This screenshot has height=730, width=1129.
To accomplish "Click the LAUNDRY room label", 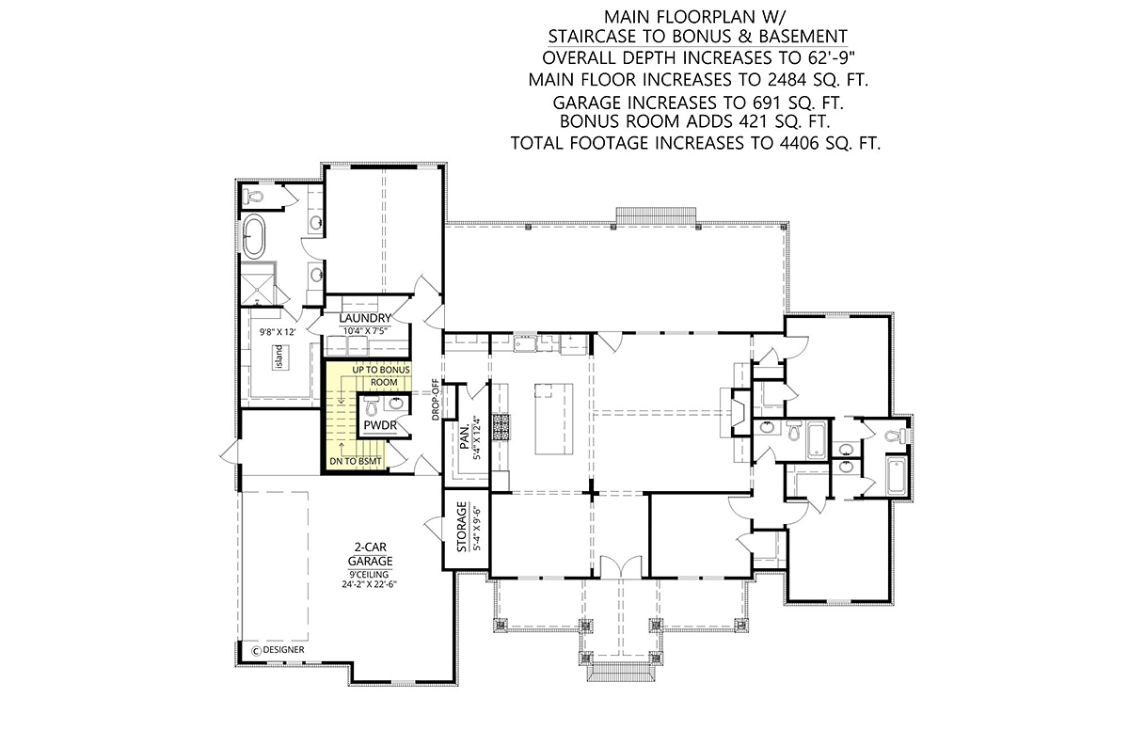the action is pyautogui.click(x=365, y=318).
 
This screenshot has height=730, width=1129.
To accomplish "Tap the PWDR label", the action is pyautogui.click(x=380, y=426).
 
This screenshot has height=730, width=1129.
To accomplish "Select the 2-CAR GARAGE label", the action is pyautogui.click(x=370, y=554).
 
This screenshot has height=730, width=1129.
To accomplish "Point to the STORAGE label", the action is pyautogui.click(x=462, y=527).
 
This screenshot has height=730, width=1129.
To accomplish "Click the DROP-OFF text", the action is pyautogui.click(x=436, y=400).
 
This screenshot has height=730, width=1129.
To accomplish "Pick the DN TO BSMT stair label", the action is pyautogui.click(x=356, y=462).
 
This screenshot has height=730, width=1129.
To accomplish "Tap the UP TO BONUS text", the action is pyautogui.click(x=381, y=370).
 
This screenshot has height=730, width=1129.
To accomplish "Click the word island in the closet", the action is pyautogui.click(x=279, y=357).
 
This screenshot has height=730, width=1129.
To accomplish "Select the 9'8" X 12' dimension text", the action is pyautogui.click(x=278, y=332).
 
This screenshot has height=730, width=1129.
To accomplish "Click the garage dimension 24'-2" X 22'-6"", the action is pyautogui.click(x=370, y=584).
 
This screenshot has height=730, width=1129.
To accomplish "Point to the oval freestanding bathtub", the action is pyautogui.click(x=253, y=236).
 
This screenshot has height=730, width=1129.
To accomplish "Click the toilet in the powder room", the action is pyautogui.click(x=372, y=405).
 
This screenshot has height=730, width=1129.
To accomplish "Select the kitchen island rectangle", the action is pyautogui.click(x=554, y=420).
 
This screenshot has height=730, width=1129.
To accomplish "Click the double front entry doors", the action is pyautogui.click(x=621, y=566).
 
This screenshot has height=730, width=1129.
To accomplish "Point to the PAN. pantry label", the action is pyautogui.click(x=465, y=436).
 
